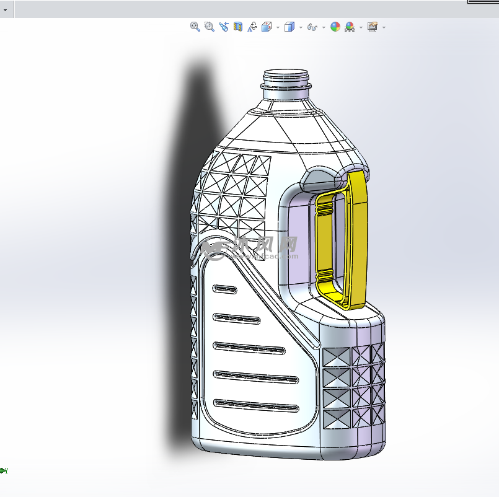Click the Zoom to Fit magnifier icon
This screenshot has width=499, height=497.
point(195,27)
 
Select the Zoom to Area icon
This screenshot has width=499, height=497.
point(210,27)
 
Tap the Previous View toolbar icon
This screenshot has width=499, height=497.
point(224,27)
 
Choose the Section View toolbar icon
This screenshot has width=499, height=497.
point(238,27)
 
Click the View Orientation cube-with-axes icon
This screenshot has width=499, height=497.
point(267,27)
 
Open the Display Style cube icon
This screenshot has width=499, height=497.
point(289,27)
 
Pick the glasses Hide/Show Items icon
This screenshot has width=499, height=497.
point(312,27)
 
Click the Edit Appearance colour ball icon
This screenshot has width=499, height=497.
point(335,27)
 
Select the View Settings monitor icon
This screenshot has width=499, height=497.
point(372,27)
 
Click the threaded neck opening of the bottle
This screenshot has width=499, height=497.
point(286,78)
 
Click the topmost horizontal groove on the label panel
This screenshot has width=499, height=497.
point(225,289)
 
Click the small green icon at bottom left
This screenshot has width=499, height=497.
point(4,471)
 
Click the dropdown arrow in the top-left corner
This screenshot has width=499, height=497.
point(5,10)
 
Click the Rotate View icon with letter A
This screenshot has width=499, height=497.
point(252,27)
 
